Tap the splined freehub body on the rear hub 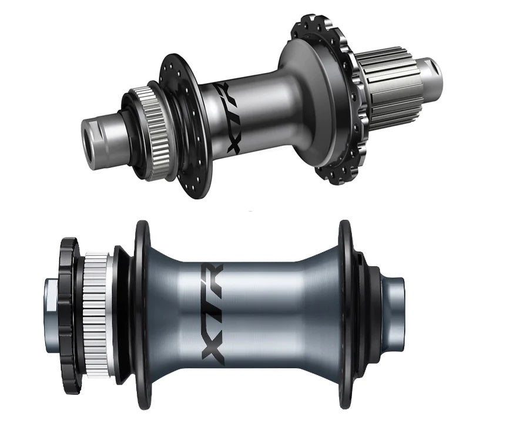coord(394,87)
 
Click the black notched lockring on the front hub coord(69,316)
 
